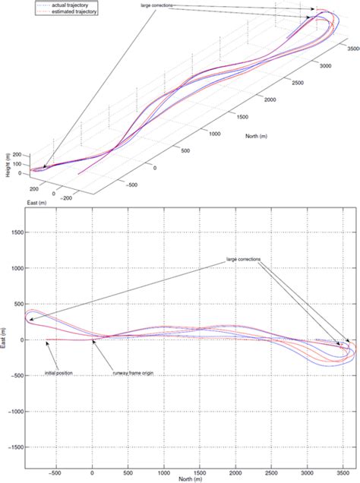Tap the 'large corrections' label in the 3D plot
[157, 6]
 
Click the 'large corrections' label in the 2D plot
[243, 260]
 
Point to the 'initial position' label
[59, 374]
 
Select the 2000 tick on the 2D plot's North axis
[235, 471]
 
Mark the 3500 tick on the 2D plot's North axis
[343, 471]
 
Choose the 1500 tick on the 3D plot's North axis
[243, 118]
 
